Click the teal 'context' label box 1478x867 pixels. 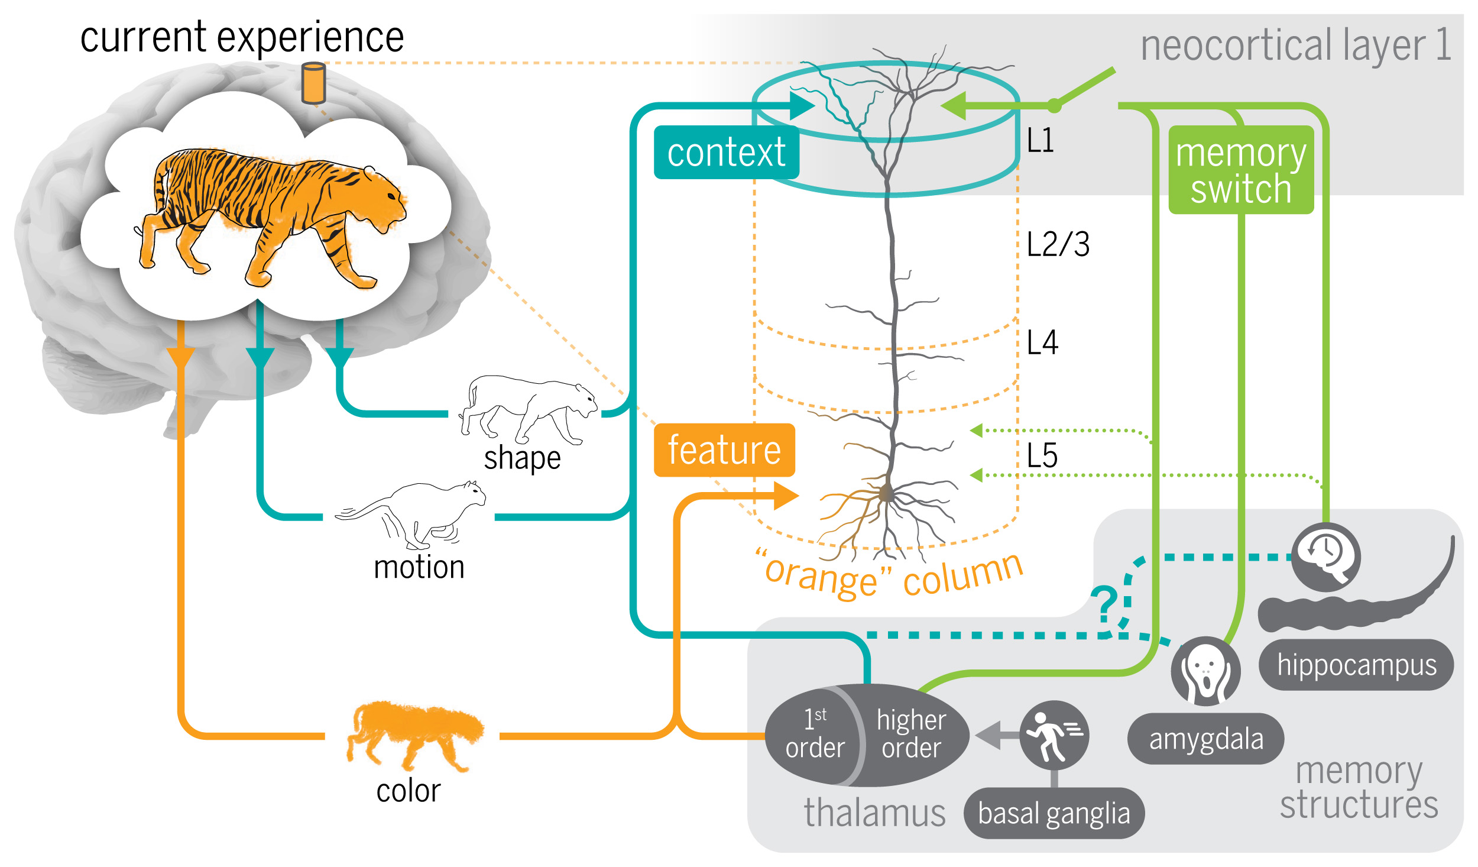pyautogui.click(x=727, y=152)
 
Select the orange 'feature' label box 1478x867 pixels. pyautogui.click(x=724, y=450)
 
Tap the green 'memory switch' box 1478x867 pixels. pyautogui.click(x=1241, y=170)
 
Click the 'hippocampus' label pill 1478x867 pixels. pyautogui.click(x=1356, y=665)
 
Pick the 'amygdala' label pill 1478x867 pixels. pyautogui.click(x=1205, y=739)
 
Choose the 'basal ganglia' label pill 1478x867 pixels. pyautogui.click(x=1054, y=813)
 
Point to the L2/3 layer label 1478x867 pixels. pyautogui.click(x=1058, y=244)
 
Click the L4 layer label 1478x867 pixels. pyautogui.click(x=1042, y=342)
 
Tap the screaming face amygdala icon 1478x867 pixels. pyautogui.click(x=1205, y=671)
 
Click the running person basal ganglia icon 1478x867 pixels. pyautogui.click(x=1054, y=735)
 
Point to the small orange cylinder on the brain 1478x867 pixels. pyautogui.click(x=313, y=83)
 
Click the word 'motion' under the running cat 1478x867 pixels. pyautogui.click(x=419, y=567)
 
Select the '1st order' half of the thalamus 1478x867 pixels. pyautogui.click(x=813, y=735)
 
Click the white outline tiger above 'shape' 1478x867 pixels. pyautogui.click(x=529, y=409)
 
